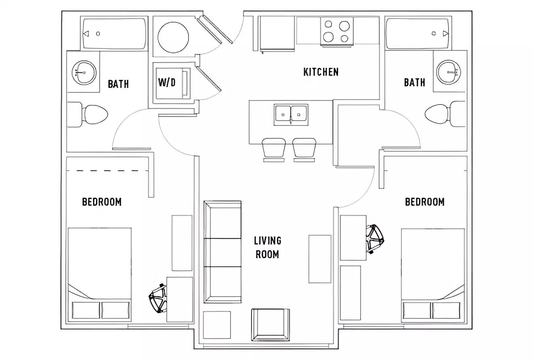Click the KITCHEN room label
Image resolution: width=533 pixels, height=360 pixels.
pos(321,72)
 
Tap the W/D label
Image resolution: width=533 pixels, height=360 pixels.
pos(166,83)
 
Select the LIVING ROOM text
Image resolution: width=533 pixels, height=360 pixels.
pos(267,247)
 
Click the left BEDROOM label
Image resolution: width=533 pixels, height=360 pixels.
pos(102,202)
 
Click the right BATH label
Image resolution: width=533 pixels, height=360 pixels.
pos(414,83)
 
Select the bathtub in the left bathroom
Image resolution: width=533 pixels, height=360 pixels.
pos(114,34)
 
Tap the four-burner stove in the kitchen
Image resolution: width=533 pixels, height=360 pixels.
pos(337,31)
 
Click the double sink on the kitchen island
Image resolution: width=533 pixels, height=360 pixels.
pos(291,114)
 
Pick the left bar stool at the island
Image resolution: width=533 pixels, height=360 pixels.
pos(273,148)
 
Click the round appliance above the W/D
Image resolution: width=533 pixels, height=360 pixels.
pos(173,37)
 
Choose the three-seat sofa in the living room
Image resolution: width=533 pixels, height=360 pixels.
pos(222,252)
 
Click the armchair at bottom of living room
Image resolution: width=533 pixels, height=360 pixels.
pos(270,325)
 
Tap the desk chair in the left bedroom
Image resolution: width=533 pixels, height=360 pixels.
pos(158,299)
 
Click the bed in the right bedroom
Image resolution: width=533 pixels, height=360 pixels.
pos(432,274)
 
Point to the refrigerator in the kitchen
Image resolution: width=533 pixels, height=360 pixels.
pos(277,34)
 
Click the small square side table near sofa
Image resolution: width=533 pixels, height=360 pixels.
pos(217,325)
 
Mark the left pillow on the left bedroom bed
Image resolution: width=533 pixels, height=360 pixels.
pos(86,310)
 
